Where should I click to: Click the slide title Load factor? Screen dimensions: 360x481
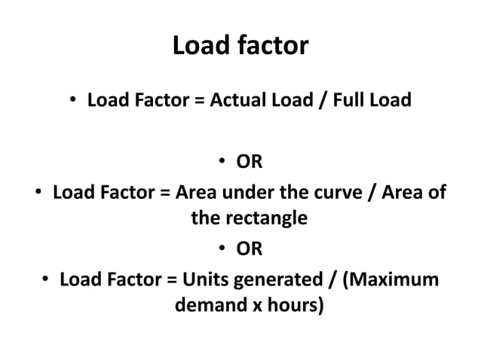tap(240, 46)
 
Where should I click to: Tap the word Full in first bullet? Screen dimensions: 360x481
tap(354, 99)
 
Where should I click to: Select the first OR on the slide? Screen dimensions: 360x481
tap(250, 161)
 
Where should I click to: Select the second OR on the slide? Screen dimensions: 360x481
tap(250, 248)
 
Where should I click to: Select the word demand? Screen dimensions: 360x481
tap(204, 307)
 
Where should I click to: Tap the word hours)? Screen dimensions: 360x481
tap(290, 307)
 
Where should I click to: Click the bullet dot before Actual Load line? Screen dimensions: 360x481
tap(75, 101)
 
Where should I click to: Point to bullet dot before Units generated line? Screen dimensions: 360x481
tap(46, 280)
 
